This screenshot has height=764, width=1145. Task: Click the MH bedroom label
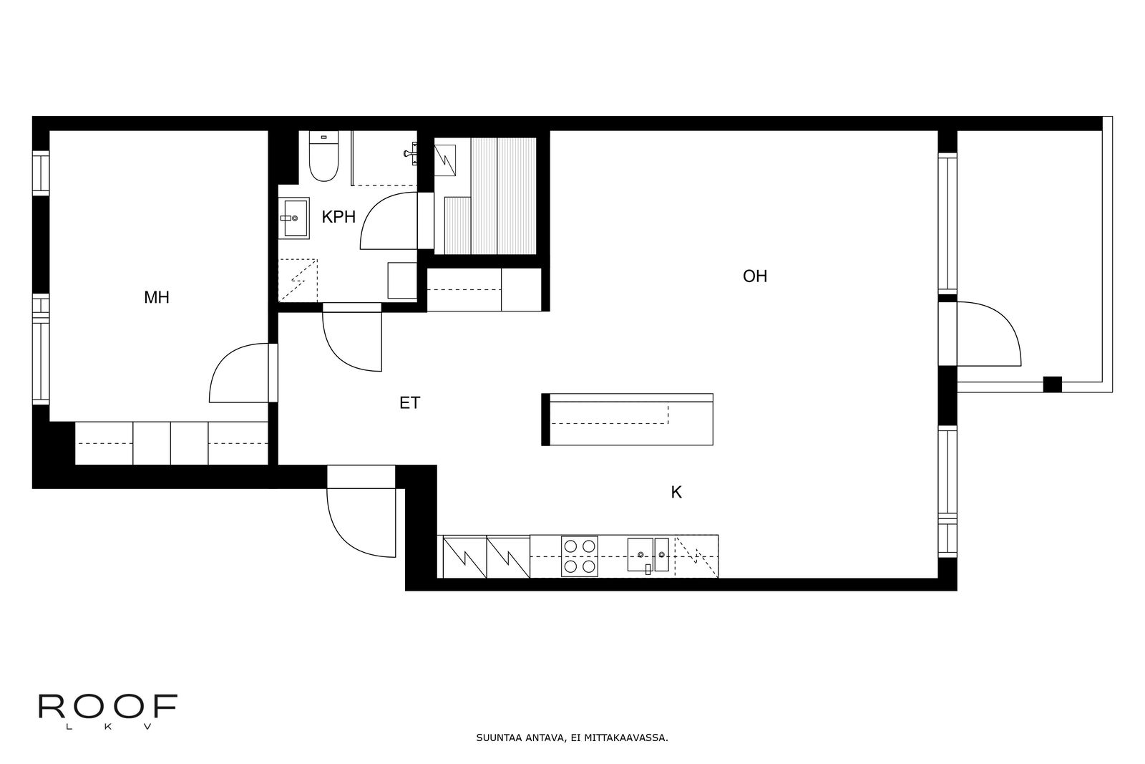tap(157, 297)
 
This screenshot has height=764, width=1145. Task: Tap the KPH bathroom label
tap(338, 217)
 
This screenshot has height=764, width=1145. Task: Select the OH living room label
tap(755, 276)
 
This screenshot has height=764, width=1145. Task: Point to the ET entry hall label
tap(409, 403)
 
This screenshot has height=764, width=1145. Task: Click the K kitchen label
tap(676, 493)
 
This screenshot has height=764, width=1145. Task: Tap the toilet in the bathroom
tap(323, 156)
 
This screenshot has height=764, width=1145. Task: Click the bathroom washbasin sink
tap(293, 218)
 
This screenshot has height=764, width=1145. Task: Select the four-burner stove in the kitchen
tap(579, 556)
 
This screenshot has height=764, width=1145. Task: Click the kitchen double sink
tap(648, 555)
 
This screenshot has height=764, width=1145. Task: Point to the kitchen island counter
tap(627, 420)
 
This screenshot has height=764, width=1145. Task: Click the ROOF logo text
tap(108, 706)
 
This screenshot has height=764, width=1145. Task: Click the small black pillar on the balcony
tap(1053, 384)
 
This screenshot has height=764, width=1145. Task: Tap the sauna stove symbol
tap(444, 160)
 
